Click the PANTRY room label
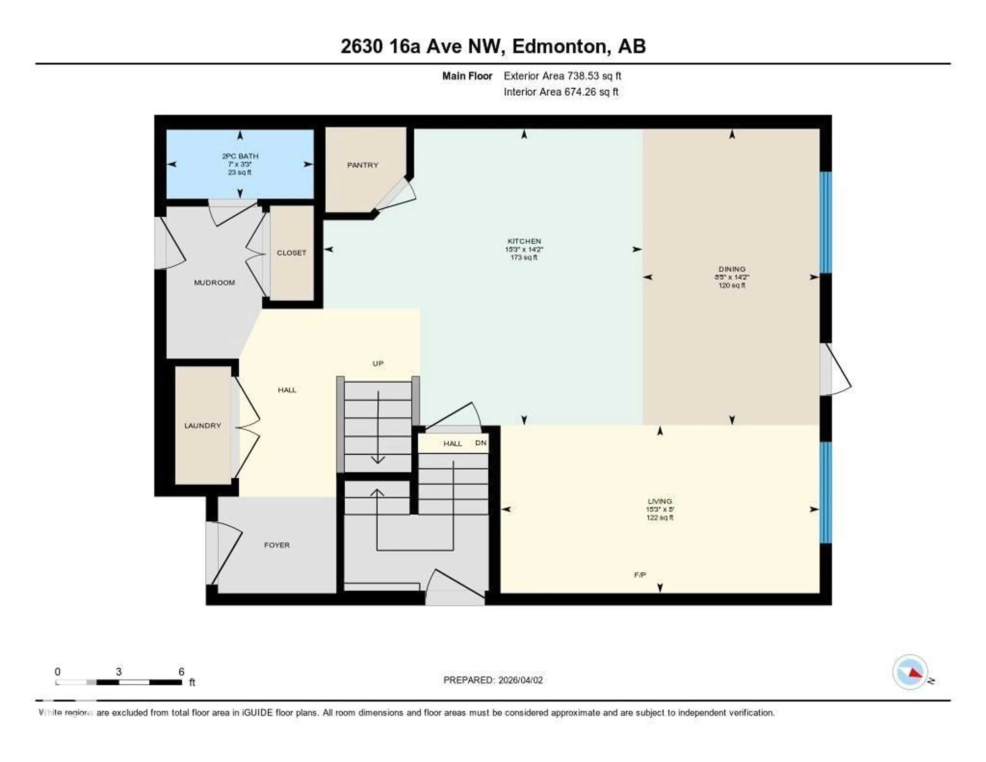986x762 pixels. point(363,165)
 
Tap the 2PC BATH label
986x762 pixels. point(240,156)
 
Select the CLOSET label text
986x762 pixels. point(291,253)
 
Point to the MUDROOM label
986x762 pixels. point(214,283)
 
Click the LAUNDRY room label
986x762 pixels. point(203,425)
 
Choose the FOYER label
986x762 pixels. point(277,545)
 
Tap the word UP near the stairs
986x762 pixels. point(378,364)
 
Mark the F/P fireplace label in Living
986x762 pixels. point(640,575)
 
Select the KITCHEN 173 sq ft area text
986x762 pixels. point(524,257)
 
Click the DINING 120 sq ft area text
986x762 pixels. point(732,285)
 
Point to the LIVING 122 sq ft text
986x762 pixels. point(660,518)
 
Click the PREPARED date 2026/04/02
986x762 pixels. point(520,680)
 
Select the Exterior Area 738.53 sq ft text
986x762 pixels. point(562,76)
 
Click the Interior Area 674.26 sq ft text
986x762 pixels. point(561,92)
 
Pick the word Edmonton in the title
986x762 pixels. point(560,47)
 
